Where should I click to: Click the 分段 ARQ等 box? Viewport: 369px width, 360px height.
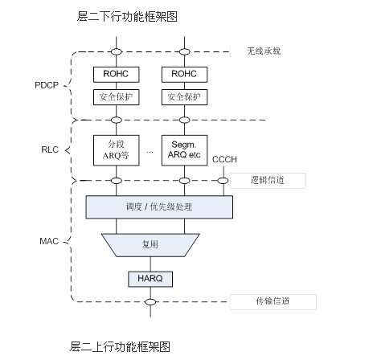coord(116,149)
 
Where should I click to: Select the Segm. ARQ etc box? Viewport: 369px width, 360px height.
coord(185,149)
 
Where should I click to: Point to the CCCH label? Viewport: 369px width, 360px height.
coord(224,161)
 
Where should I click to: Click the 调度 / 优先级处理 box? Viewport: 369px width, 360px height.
coord(160,207)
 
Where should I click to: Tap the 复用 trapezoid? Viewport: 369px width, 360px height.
coord(150,243)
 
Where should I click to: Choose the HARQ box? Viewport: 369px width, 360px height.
coord(150,279)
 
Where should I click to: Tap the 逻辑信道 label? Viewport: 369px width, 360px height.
coord(267,181)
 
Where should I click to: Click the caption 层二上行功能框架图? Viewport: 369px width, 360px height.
coord(121,346)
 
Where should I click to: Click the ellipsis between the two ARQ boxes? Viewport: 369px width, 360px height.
coord(150,152)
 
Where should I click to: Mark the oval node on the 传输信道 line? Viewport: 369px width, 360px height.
coord(150,302)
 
